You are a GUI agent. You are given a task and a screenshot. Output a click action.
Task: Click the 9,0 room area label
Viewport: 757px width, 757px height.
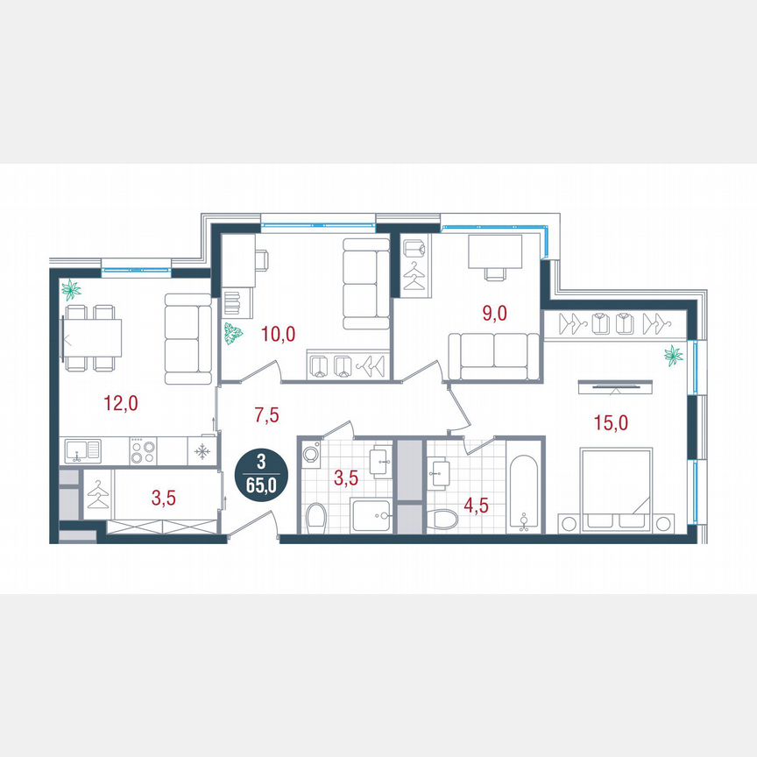click(x=494, y=311)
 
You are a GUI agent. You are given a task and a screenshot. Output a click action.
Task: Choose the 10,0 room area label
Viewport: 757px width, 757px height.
click(x=279, y=333)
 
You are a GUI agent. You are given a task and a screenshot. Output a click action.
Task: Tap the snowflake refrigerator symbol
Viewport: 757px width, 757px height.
click(x=202, y=452)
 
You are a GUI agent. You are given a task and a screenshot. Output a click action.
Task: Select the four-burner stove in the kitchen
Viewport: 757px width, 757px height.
click(x=143, y=452)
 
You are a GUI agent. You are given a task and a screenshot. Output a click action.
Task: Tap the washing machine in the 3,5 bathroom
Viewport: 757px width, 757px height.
click(x=311, y=455)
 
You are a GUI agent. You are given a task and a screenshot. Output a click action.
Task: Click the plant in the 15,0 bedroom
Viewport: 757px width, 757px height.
click(x=674, y=355)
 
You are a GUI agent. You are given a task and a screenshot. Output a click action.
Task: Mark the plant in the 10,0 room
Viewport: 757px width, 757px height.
click(x=234, y=333)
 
